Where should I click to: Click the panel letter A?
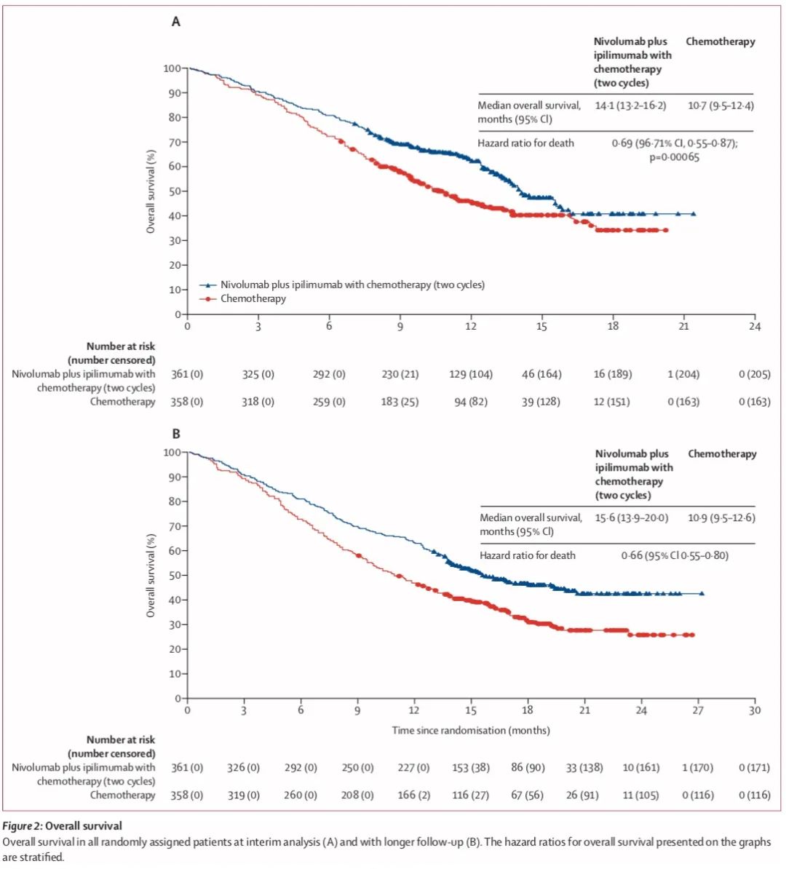(x=175, y=22)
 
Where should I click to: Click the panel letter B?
(x=175, y=434)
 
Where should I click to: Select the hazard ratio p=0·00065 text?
(x=674, y=157)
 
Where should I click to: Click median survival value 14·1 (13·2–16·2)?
(x=630, y=106)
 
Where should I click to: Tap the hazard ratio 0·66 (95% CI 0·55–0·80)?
(x=675, y=555)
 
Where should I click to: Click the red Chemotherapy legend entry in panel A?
(x=253, y=298)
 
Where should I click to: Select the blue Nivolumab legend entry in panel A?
(x=352, y=285)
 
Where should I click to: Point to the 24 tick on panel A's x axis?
(x=755, y=326)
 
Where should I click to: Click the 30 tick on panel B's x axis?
(x=755, y=710)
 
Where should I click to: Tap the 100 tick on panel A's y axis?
(x=172, y=68)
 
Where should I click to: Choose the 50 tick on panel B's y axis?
(x=174, y=575)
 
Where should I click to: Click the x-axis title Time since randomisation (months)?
(x=471, y=730)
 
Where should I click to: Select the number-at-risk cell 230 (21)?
(x=400, y=374)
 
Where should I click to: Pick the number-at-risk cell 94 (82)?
(x=471, y=402)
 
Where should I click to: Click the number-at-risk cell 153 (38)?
(x=471, y=767)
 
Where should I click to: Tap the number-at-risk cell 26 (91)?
(x=582, y=795)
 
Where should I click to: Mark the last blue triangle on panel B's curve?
(x=702, y=593)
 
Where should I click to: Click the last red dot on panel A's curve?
(x=665, y=230)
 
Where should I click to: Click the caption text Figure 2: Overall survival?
(x=63, y=825)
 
